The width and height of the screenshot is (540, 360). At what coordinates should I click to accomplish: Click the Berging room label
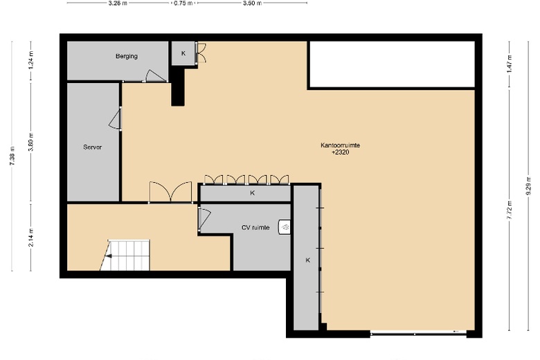pos(127,56)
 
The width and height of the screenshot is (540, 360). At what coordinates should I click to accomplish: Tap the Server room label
pos(92,147)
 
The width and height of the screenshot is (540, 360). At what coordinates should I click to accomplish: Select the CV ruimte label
pos(255,228)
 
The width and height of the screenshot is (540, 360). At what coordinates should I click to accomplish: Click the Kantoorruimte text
pos(340,145)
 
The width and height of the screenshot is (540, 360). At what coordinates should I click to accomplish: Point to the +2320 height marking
pos(340,152)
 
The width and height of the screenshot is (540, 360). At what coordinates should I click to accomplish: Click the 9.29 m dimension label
pos(528,186)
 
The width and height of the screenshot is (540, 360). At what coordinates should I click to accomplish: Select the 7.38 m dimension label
pos(12,156)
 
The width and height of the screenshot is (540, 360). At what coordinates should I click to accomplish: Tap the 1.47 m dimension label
pos(510,64)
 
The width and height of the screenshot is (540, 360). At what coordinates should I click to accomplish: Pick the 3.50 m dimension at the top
pos(252,3)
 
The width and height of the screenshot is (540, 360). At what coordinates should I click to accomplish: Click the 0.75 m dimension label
pos(183,3)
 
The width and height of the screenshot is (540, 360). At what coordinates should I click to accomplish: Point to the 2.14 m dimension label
pos(31,237)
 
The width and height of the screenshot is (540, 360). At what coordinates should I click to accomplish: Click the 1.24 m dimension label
pos(31,60)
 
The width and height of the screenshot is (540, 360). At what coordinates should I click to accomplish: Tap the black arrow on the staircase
pos(109,256)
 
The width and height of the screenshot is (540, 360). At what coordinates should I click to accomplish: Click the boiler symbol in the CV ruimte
pos(284,227)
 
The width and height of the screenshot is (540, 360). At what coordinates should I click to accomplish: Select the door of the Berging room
pos(156,76)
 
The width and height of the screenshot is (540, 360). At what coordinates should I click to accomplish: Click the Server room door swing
pos(115,119)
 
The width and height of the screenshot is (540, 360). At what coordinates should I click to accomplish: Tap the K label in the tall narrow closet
pos(308,260)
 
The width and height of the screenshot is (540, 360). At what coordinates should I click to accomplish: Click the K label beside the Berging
pos(183,53)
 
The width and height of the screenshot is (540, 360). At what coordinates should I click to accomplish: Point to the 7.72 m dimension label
pos(510,210)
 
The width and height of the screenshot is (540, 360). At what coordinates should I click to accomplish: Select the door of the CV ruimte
pos(204,219)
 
